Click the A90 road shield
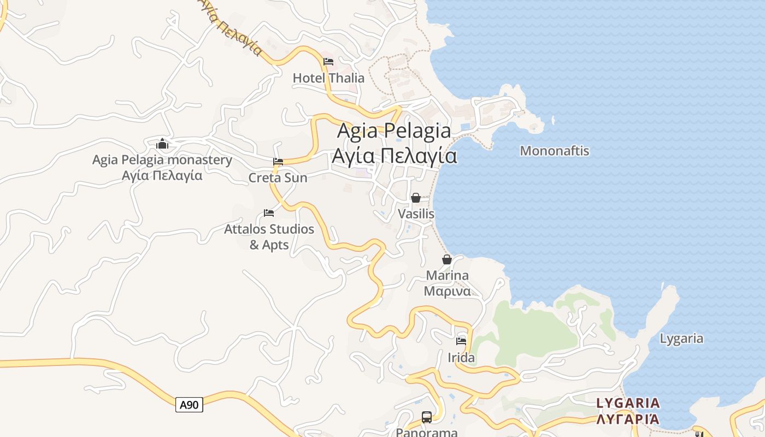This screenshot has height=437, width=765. coord(189,405)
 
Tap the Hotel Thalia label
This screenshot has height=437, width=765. coord(328,78)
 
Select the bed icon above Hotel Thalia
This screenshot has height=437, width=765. coord(328,61)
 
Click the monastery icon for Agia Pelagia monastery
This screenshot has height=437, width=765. coord(162,144)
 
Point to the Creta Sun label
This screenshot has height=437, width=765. coord(278,178)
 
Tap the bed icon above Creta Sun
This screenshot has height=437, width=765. coord(278,162)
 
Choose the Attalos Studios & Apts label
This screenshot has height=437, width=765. coord(269,237)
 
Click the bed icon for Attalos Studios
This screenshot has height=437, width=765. coord(269,212)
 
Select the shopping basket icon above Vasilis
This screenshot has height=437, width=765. coord(416,198)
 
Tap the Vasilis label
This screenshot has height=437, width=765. coord(416,214)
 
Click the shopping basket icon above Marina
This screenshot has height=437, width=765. coord(447,259)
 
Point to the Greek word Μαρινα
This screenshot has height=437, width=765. coord(447,291)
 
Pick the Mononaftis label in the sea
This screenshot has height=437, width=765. coord(555,151)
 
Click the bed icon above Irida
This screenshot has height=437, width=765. coord(461,341)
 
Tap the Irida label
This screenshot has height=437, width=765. coord(461,358)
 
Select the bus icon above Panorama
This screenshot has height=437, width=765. coord(427,417)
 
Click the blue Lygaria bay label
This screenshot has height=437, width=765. coord(681,339)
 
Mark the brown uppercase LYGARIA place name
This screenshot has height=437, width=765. coord(628,403)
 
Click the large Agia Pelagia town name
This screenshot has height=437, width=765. coord(394,131)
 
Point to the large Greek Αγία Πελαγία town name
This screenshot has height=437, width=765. coord(394,156)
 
